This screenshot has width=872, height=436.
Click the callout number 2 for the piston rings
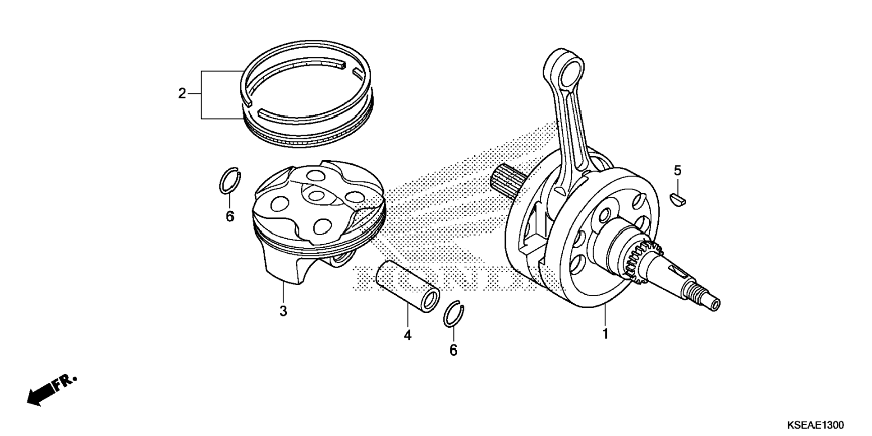tap(182, 93)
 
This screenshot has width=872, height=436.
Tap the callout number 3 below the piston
tap(283, 311)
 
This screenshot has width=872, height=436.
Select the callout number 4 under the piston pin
tap(408, 335)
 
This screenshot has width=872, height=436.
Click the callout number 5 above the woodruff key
tap(677, 171)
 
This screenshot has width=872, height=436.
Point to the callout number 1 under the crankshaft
tap(605, 334)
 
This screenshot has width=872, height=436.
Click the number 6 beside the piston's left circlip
tap(230, 217)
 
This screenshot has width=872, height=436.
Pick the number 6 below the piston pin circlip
tap(453, 350)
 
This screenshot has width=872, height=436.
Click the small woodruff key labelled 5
tap(678, 199)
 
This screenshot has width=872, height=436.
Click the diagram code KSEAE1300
tap(815, 425)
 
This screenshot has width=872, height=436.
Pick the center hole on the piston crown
tap(318, 195)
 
